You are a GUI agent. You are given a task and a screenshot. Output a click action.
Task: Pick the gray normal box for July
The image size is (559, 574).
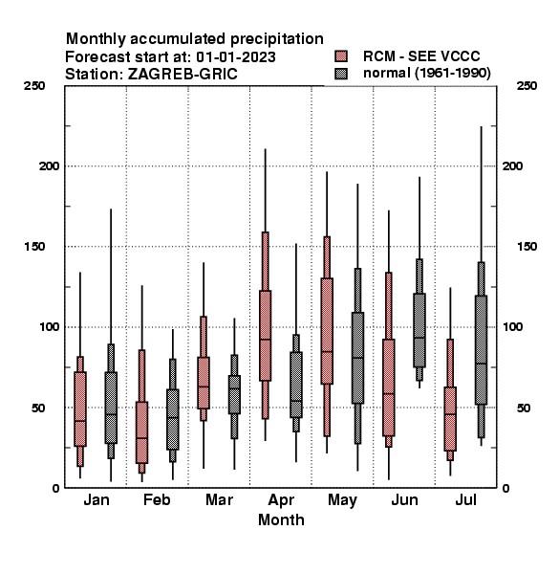click(x=482, y=349)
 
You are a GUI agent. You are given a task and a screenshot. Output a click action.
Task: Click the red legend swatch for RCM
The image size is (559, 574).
click(x=341, y=56)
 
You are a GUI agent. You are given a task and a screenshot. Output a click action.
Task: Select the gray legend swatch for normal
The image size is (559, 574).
click(x=341, y=74)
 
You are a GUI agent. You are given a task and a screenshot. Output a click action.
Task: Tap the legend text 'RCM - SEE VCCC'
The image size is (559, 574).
click(x=421, y=56)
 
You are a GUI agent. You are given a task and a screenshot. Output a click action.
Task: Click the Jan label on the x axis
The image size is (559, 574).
click(x=97, y=499)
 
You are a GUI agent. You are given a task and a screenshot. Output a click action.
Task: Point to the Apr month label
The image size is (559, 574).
click(x=281, y=500)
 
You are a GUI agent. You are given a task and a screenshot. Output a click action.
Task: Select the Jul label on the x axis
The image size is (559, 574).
click(x=465, y=499)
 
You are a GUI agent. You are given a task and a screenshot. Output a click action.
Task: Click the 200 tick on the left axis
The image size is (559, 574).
click(x=50, y=166)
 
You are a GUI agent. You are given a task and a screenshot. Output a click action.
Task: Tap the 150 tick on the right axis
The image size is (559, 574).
click(x=527, y=247)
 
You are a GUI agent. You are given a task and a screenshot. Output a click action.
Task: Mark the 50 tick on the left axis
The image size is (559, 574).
click(x=38, y=408)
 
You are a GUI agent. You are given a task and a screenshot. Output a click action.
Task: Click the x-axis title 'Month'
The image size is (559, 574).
click(x=281, y=519)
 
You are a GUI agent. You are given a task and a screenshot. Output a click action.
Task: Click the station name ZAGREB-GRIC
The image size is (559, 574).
click(x=183, y=75)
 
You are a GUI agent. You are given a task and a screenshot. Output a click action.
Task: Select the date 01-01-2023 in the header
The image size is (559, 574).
click(x=236, y=57)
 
